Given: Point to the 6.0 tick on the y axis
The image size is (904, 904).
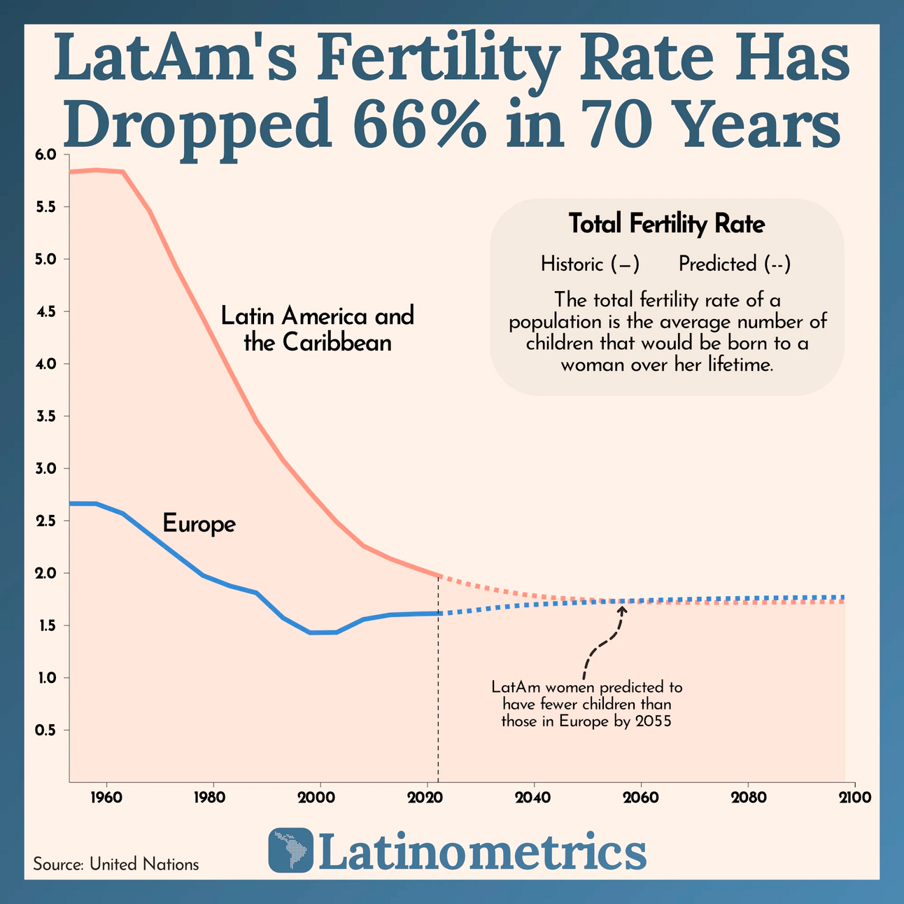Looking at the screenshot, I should click(55, 155).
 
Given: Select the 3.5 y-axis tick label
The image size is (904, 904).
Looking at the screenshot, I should click(55, 416).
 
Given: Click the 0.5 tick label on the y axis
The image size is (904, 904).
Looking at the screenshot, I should click(55, 730).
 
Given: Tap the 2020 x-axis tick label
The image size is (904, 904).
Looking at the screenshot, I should click(427, 797).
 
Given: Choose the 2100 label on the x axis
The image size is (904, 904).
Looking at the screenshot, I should click(855, 797).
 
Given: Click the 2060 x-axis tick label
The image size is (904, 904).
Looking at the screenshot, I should click(641, 797).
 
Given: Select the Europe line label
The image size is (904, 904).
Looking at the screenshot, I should click(199, 523).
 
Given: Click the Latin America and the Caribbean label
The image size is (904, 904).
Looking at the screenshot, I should click(318, 329).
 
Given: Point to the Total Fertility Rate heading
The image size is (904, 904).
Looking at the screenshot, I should click(666, 224).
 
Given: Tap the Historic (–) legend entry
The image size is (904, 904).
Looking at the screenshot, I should click(590, 264).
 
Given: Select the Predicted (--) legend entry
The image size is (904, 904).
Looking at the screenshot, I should click(735, 264).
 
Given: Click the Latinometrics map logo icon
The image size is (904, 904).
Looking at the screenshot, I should click(290, 851).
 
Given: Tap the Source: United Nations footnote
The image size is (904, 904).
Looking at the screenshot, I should click(116, 864).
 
